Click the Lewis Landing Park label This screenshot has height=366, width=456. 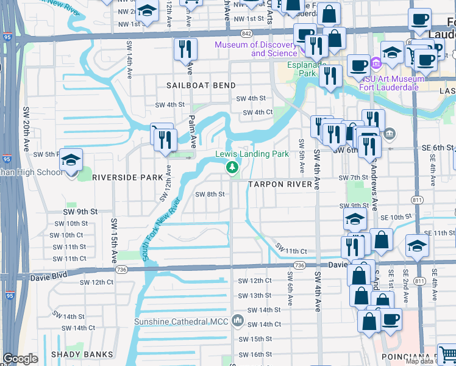click(x=252, y=154)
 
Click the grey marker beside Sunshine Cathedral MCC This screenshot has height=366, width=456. click(x=238, y=321)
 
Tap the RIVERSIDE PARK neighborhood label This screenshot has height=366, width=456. click(x=127, y=178)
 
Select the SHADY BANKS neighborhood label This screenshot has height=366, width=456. click(x=82, y=354)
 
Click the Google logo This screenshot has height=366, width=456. click(x=20, y=359)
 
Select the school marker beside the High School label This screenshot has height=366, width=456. click(x=71, y=161)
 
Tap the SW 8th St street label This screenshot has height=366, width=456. click(x=210, y=195)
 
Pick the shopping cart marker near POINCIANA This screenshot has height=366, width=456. click(x=447, y=354)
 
